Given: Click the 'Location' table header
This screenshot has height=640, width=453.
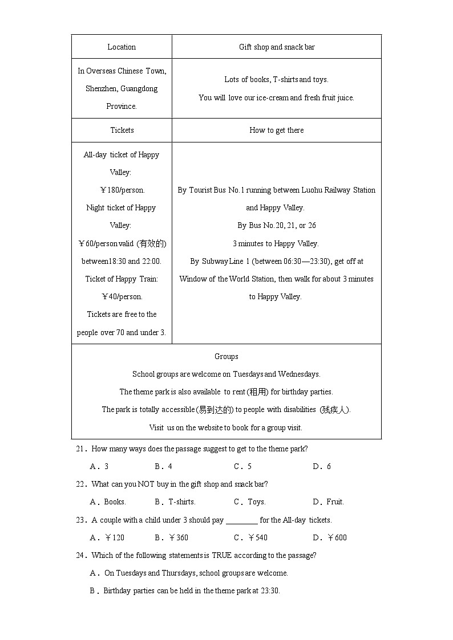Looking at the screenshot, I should (122, 47).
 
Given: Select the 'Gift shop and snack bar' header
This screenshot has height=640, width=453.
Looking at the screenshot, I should (277, 47).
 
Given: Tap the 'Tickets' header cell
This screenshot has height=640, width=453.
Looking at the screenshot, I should (122, 130).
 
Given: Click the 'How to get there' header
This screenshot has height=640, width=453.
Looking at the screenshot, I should (277, 130).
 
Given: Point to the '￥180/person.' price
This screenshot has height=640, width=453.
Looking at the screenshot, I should (122, 190).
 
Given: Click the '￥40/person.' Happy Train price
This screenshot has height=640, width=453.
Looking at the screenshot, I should (122, 296).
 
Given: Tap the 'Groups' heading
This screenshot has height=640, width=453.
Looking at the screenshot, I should (226, 356).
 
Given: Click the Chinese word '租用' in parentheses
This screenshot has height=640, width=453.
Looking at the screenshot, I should (254, 392).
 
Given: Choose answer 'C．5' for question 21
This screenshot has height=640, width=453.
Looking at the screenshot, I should (242, 466).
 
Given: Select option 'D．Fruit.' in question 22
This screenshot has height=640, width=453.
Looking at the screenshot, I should (328, 502).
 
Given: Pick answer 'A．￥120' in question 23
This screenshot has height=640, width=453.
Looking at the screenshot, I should (107, 537).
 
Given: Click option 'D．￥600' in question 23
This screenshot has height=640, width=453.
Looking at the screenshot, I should (330, 537).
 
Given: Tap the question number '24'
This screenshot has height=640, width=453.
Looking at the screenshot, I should (80, 555).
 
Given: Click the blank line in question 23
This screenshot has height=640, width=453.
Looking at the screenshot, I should (241, 520).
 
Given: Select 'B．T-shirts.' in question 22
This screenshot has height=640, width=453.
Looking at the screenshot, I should (175, 502).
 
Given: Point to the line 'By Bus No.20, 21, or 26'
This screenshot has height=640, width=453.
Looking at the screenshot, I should (277, 225).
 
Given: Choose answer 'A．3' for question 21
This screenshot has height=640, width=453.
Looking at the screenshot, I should (99, 466).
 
